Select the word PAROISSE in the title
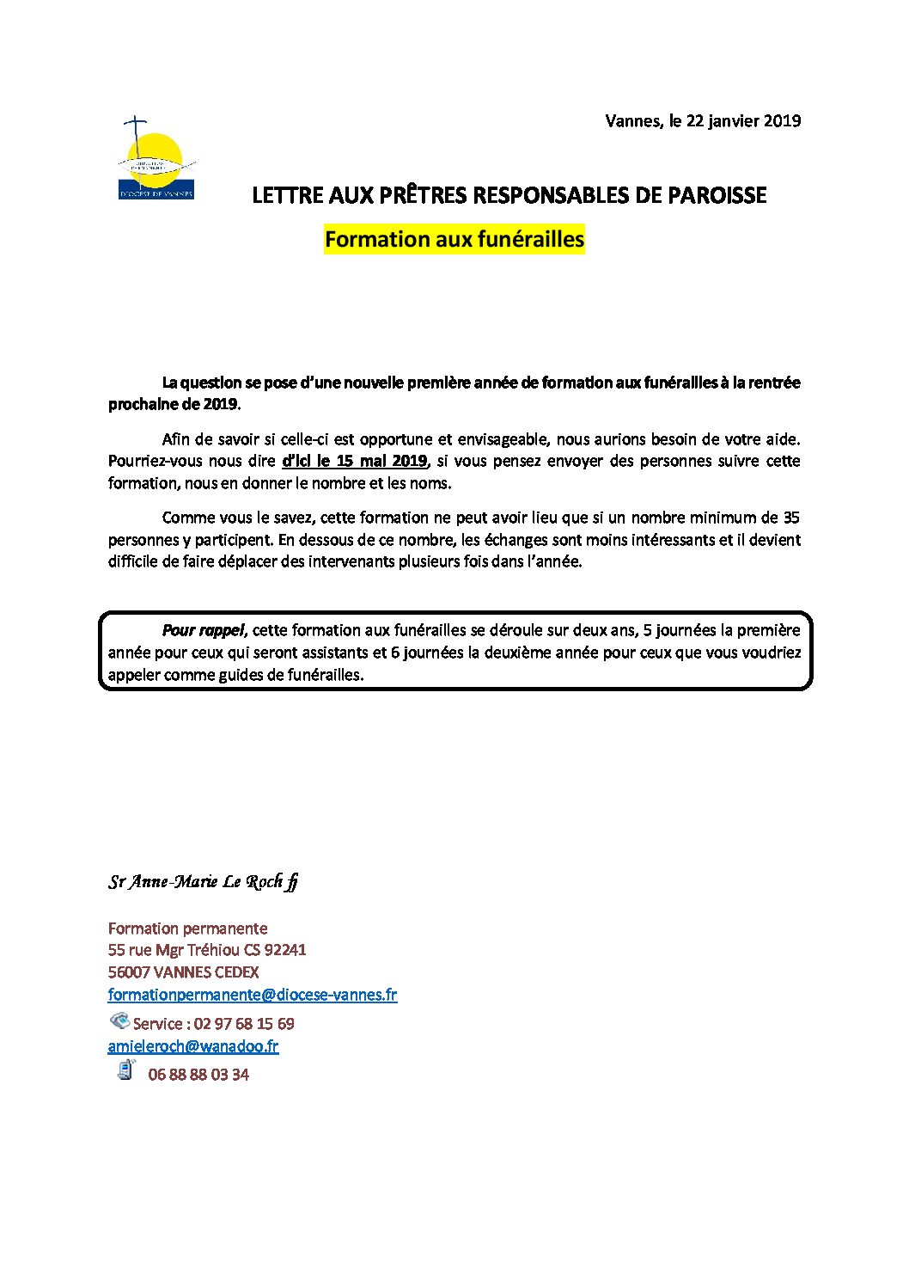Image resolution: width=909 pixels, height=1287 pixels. (717, 196)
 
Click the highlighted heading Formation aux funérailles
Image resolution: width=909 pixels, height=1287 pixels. (454, 239)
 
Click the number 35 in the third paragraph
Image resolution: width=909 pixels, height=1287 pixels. (790, 518)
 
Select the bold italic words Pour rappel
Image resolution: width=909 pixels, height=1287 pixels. (203, 630)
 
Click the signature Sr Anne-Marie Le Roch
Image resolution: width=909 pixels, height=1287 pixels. (203, 881)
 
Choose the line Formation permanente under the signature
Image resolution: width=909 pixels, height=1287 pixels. (187, 928)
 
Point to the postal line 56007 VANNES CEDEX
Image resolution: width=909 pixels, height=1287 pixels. (183, 972)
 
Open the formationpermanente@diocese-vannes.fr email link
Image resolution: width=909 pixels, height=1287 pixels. (252, 995)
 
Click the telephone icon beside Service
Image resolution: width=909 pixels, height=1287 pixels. (119, 1021)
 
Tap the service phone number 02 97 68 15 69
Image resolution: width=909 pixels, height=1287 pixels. (244, 1024)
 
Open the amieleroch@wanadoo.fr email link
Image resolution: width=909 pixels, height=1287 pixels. (192, 1046)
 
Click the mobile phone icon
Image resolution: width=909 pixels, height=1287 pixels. (126, 1070)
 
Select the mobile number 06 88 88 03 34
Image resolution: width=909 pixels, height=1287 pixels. (198, 1075)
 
